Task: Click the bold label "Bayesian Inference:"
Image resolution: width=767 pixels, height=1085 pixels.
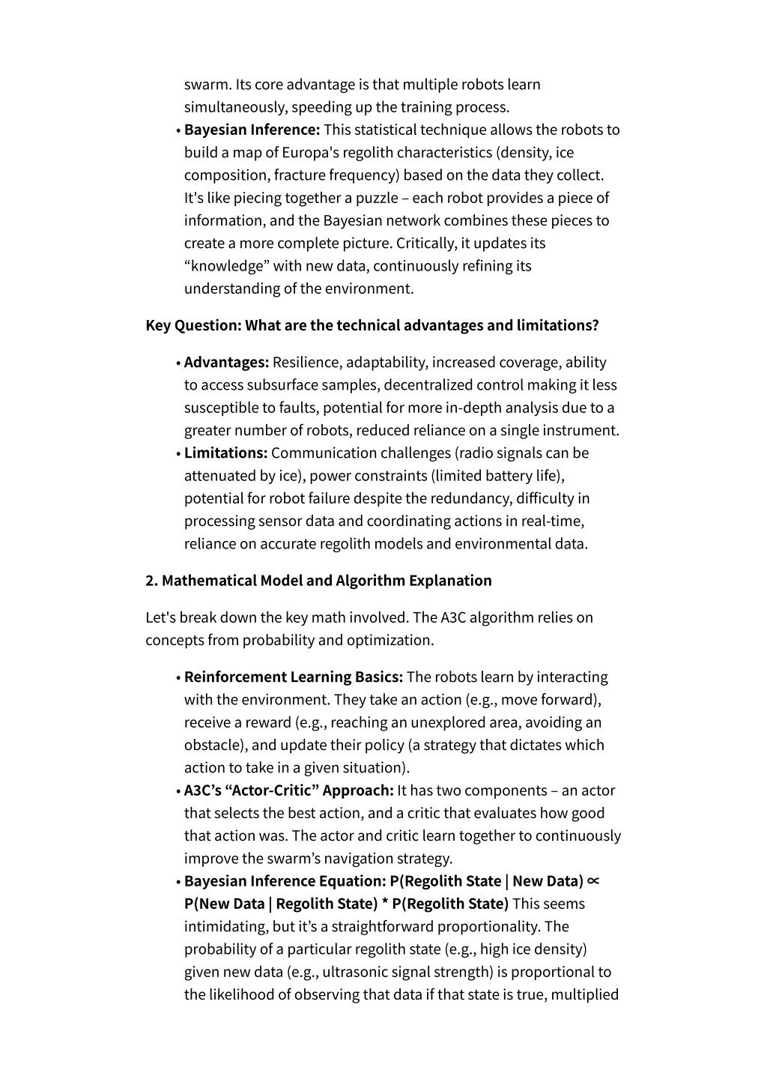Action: pyautogui.click(x=252, y=130)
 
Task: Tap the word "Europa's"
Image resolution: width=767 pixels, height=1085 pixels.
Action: pyautogui.click(x=312, y=153)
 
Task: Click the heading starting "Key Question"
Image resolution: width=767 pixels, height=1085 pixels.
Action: pyautogui.click(x=372, y=325)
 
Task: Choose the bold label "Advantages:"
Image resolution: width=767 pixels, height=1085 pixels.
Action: pyautogui.click(x=226, y=363)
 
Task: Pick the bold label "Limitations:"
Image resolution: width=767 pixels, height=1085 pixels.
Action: pyautogui.click(x=225, y=453)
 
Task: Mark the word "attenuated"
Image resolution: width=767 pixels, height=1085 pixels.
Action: pyautogui.click(x=218, y=476)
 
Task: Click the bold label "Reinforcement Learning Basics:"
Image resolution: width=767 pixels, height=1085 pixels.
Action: pyautogui.click(x=294, y=677)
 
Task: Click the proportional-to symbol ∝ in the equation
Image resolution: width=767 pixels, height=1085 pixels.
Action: pyautogui.click(x=593, y=881)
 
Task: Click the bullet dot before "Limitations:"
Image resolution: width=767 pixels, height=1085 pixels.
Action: pyautogui.click(x=178, y=454)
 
